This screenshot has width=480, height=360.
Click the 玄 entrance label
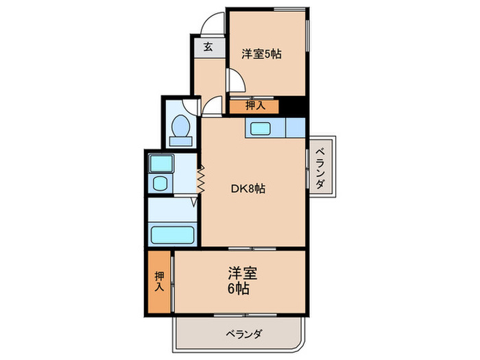point(208,48)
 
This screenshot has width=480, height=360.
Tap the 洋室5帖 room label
point(262,53)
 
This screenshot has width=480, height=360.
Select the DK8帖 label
point(247,189)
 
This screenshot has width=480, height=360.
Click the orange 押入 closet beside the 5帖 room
point(254,106)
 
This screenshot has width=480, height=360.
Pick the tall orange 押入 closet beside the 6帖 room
point(159,283)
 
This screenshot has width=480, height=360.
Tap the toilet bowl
point(181,126)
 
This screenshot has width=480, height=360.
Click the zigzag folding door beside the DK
point(202,180)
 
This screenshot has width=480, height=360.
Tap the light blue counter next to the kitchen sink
point(295,128)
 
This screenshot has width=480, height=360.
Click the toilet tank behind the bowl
point(181,141)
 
